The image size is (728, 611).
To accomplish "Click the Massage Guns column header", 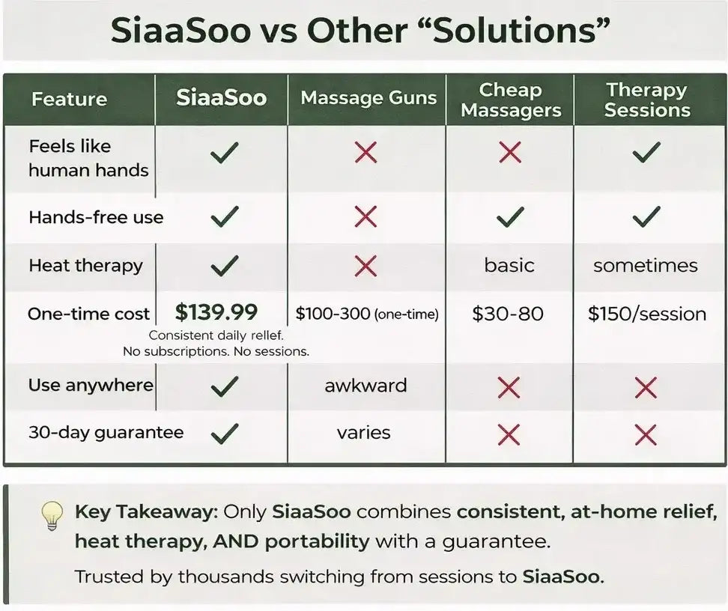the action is point(368,98).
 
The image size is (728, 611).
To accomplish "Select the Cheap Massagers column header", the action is point(511,100).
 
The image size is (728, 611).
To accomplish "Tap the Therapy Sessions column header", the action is point(647,100).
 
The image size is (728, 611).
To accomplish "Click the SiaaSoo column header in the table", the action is point(222,98).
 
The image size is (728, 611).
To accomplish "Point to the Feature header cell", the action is point(69,99).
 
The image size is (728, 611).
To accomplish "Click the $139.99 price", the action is point(216,312).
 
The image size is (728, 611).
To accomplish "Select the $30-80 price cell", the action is point(508,314).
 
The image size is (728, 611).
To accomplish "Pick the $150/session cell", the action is point(647,314).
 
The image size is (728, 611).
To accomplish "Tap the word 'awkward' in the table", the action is point(365,386).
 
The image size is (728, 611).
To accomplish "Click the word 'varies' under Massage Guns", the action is point(363,433).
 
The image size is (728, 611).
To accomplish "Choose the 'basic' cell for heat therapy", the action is point(509,266).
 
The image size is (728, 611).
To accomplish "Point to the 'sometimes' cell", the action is point(646,266).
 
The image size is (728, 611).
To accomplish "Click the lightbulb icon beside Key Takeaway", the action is point(52,516).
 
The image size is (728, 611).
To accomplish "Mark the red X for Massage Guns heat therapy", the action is point(365,266).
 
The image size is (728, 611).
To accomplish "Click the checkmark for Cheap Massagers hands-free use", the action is point(510,217).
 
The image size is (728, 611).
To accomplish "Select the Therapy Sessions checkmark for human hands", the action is point(646,152).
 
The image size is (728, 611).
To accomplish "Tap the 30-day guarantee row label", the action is point(106,433).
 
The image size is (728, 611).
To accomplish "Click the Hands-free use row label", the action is point(96,217).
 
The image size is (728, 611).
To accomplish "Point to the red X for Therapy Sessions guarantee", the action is point(646,435).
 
